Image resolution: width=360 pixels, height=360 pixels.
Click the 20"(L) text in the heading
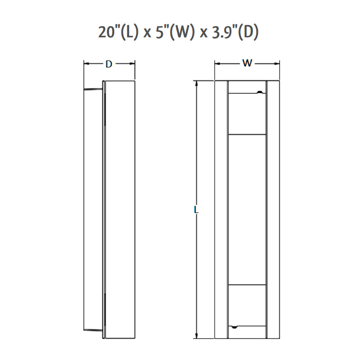coord(118,31)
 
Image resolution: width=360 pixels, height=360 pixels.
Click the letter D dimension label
coord(109,64)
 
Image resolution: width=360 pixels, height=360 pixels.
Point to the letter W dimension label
coord(247,63)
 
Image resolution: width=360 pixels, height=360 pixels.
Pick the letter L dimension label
coord(196,209)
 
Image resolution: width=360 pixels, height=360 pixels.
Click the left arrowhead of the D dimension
coord(86,64)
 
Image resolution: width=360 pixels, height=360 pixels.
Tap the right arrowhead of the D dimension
coord(132,64)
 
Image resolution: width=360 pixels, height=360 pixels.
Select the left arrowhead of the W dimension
coord(217,63)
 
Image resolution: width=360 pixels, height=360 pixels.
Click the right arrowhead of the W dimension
coord(277,63)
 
